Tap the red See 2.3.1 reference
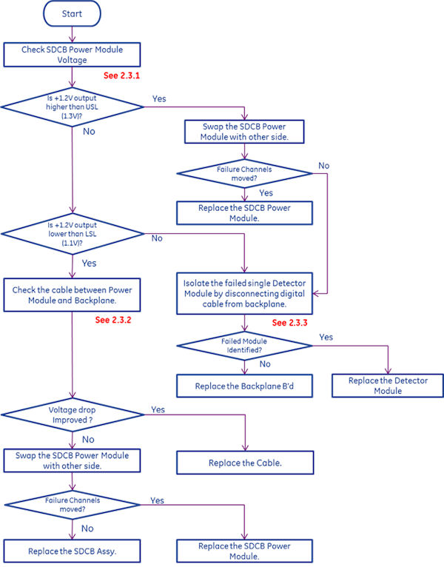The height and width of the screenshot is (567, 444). pyautogui.click(x=121, y=75)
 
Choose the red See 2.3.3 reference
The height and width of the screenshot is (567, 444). pyautogui.click(x=291, y=323)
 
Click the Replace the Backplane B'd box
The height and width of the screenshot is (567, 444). pyautogui.click(x=243, y=386)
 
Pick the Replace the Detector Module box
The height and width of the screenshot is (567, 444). pyautogui.click(x=387, y=386)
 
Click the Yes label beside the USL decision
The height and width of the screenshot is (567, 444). pyautogui.click(x=158, y=98)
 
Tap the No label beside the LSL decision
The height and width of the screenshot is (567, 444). pyautogui.click(x=157, y=238)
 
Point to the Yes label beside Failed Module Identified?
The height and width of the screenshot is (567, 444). pyautogui.click(x=325, y=337)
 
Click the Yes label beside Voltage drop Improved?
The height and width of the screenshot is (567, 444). pyautogui.click(x=158, y=409)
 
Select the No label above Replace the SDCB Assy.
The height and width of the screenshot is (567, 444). pyautogui.click(x=87, y=528)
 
